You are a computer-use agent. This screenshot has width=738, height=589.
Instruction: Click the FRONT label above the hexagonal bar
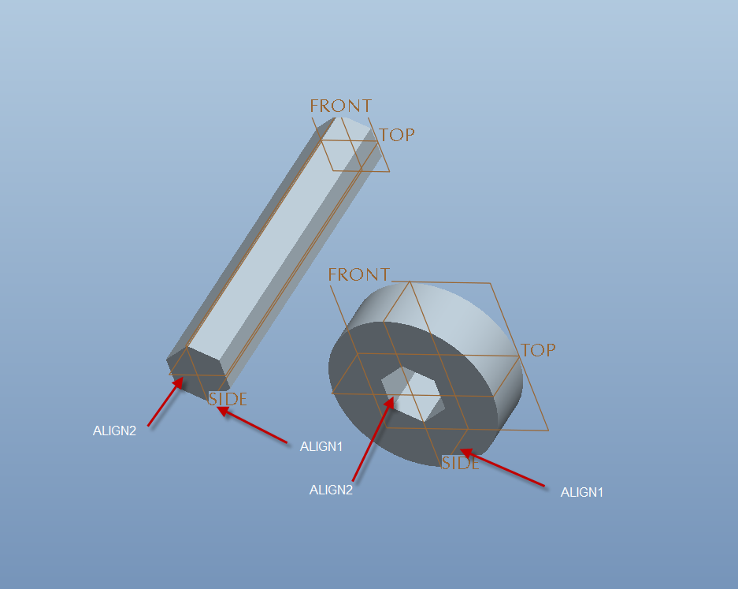point(341,106)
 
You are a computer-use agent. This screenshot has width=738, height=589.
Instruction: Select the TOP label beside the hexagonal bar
point(397,136)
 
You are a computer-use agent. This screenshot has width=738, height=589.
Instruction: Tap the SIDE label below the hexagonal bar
point(228,399)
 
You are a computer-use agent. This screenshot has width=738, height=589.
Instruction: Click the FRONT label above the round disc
point(359,274)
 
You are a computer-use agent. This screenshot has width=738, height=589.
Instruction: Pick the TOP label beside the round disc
point(538,350)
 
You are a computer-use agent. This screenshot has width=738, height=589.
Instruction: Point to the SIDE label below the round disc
point(460,463)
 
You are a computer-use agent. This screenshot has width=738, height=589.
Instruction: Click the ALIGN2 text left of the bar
point(114,431)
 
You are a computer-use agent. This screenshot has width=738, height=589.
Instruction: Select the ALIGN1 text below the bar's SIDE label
point(321,446)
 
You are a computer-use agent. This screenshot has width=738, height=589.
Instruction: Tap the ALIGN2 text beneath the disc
point(331,490)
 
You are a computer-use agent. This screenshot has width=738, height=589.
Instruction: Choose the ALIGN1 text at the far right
point(582,492)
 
